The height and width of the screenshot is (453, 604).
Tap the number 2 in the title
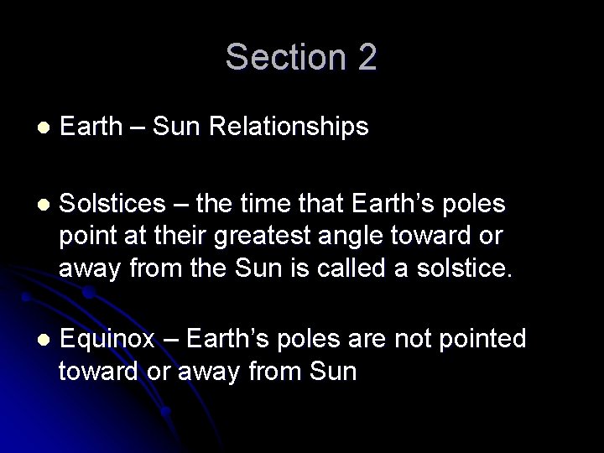click(366, 57)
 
